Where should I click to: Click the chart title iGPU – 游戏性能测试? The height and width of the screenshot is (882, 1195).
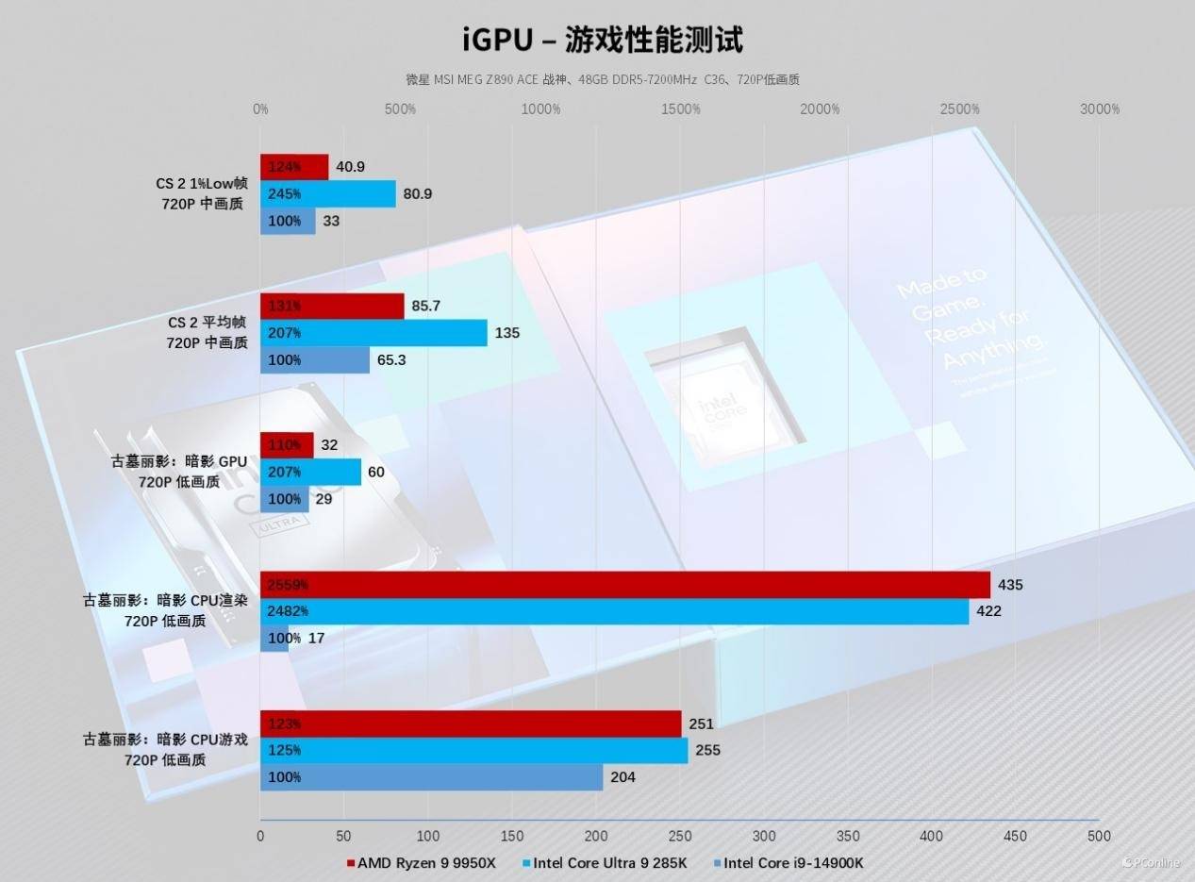[x=602, y=40]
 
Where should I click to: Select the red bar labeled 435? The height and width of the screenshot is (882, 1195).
[x=624, y=585]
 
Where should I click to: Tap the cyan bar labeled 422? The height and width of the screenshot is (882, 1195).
[x=614, y=611]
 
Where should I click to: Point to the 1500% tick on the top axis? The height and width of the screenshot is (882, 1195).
[x=680, y=109]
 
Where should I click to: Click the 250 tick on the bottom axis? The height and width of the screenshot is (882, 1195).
[x=680, y=836]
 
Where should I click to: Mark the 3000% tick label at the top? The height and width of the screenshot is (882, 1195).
[x=1099, y=109]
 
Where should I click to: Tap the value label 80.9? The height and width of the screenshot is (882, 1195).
[x=417, y=194]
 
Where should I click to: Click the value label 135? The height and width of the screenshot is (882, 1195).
[x=507, y=333]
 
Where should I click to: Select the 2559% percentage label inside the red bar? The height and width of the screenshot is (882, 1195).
[x=288, y=585]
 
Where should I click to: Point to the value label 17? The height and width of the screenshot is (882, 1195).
[x=317, y=639]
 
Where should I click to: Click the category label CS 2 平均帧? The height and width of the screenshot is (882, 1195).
[x=207, y=324]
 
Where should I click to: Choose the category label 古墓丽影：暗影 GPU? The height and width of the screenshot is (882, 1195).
[x=178, y=462]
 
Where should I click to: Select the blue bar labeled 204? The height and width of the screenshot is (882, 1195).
[x=431, y=777]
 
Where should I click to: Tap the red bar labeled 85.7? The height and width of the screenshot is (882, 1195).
[x=332, y=306]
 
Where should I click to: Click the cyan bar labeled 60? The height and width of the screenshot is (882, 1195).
[x=310, y=472]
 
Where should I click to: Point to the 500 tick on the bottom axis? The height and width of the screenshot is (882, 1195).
[x=1099, y=836]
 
